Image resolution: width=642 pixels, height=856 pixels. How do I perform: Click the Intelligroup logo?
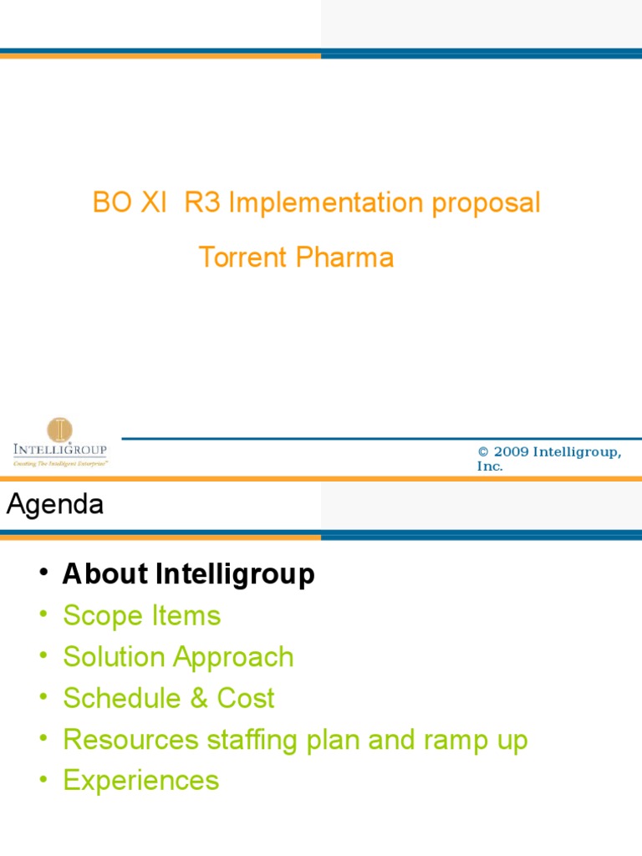tap(59, 442)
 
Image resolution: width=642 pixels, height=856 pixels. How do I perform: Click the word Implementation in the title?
tap(326, 203)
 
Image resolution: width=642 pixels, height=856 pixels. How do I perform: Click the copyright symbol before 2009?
tap(482, 451)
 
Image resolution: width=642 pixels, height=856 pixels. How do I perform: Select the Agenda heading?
tap(55, 504)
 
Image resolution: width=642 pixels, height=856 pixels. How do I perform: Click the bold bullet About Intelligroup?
tap(189, 574)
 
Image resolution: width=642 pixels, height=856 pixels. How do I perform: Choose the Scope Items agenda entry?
tap(141, 616)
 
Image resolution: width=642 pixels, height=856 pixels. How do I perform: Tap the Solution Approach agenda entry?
tap(178, 657)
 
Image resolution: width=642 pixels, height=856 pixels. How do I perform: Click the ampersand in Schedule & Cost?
tap(199, 698)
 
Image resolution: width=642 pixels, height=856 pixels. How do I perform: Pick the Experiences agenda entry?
tap(140, 781)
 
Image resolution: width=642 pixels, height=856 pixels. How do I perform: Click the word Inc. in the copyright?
tap(490, 466)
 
